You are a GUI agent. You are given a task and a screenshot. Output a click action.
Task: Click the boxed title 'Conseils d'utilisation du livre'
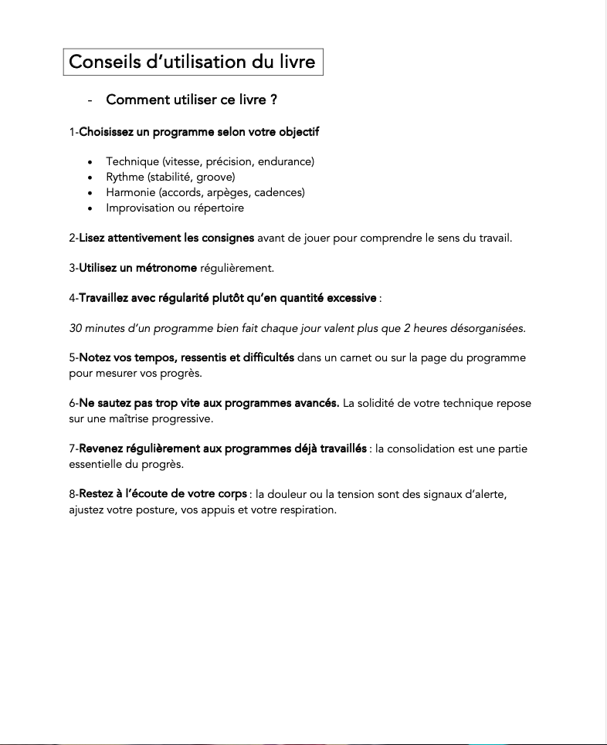(192, 62)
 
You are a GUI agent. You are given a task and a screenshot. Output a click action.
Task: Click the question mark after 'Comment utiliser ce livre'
(273, 100)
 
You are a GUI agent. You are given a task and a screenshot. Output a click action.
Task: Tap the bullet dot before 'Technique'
(90, 162)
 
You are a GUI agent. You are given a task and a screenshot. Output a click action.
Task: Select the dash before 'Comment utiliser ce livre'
(90, 101)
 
